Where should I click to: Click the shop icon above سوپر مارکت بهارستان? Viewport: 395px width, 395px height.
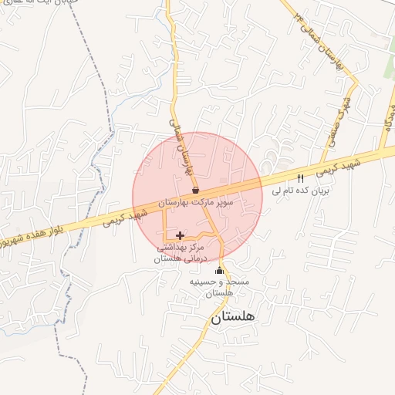coord(195,190)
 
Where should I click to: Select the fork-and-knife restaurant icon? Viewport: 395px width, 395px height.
coord(300,177)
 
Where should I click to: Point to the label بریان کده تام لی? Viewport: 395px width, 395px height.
coord(299,188)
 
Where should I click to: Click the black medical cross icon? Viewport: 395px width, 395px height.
coord(181,235)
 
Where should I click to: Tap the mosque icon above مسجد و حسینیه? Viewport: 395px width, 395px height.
coord(219,271)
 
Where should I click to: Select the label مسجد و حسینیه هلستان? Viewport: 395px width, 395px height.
coord(220,288)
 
